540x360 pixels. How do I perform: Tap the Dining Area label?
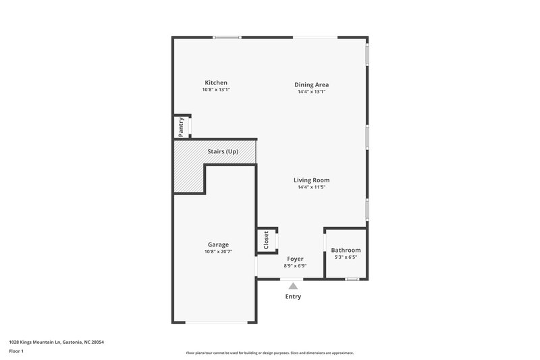[311, 84]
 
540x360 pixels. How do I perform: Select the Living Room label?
[311, 180]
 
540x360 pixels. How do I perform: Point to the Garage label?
[218, 245]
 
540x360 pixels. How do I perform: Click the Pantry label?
[181, 126]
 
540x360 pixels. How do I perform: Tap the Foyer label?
[295, 259]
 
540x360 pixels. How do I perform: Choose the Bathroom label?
[346, 250]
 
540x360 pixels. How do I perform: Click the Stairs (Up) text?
[223, 151]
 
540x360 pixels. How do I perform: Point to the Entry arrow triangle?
[293, 286]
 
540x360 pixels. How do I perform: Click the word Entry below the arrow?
[293, 297]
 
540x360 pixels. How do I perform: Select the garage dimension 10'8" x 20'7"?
[218, 252]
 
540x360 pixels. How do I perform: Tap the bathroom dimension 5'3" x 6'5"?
[345, 257]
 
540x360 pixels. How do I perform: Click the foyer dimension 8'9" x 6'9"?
[295, 266]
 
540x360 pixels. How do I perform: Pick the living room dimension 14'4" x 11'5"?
[311, 187]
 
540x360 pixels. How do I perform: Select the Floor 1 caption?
[17, 351]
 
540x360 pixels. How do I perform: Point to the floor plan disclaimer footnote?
[270, 353]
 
